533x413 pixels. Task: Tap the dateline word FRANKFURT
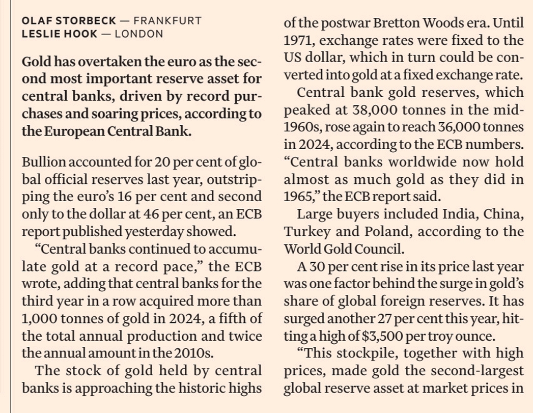(x=167, y=21)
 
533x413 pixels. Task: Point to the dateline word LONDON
(x=139, y=34)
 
